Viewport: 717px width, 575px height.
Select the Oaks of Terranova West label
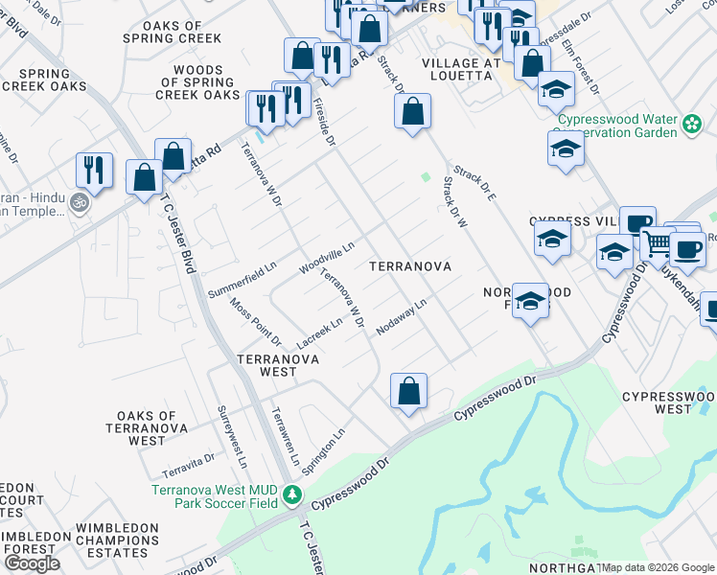(x=153, y=427)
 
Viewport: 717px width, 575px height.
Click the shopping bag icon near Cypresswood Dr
(x=408, y=391)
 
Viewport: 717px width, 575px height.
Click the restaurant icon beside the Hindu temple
(x=94, y=170)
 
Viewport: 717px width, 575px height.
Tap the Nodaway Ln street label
(x=401, y=316)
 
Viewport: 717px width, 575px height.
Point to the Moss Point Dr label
(x=255, y=322)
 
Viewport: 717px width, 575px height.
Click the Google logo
(x=33, y=563)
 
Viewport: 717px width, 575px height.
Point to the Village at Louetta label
(x=462, y=69)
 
